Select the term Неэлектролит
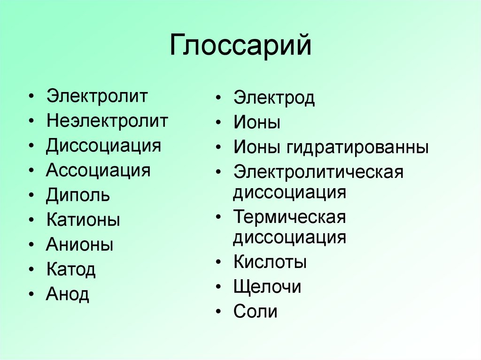pyautogui.click(x=107, y=121)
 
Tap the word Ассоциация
pyautogui.click(x=98, y=170)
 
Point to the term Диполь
pyautogui.click(x=78, y=195)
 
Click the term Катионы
pyautogui.click(x=83, y=220)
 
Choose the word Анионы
pyautogui.click(x=80, y=245)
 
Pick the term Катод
pyautogui.click(x=71, y=270)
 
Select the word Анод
pyautogui.click(x=68, y=295)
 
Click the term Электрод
pyautogui.click(x=274, y=99)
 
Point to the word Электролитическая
pyautogui.click(x=318, y=172)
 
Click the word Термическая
pyautogui.click(x=289, y=217)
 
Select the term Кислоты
pyautogui.click(x=270, y=262)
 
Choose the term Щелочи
pyautogui.click(x=267, y=287)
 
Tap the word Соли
pyautogui.click(x=256, y=312)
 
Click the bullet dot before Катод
pyautogui.click(x=31, y=270)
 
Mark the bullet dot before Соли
pyautogui.click(x=218, y=312)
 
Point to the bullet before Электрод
pyautogui.click(x=218, y=99)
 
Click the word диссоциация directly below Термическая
pyautogui.click(x=290, y=237)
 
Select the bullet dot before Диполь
pyautogui.click(x=31, y=195)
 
